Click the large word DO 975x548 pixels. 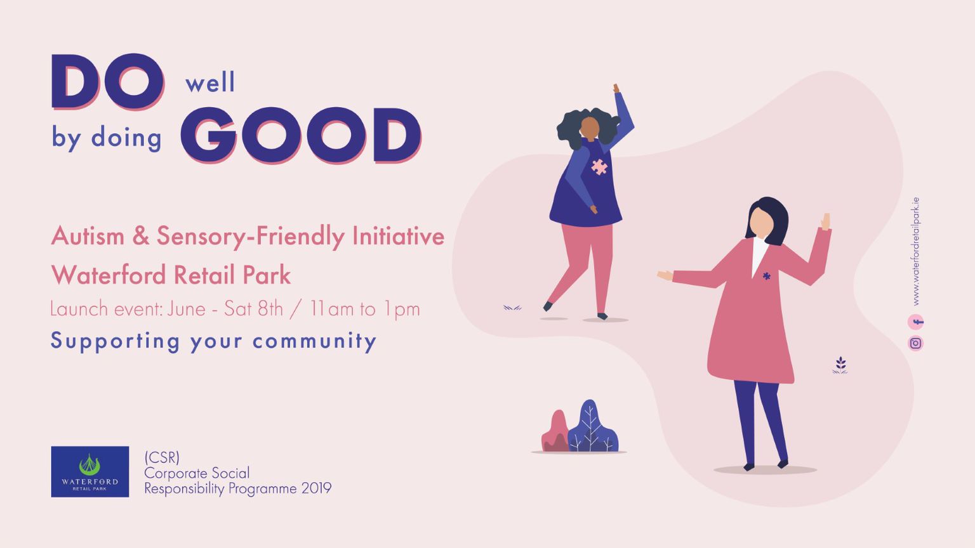[x=108, y=81]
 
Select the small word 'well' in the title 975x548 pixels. [x=210, y=82]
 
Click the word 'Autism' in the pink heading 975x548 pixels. [x=88, y=236]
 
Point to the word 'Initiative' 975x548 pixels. [x=398, y=236]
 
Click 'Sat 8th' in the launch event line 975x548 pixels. [x=253, y=309]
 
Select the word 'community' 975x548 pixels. [x=314, y=341]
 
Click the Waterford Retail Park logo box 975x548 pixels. [x=90, y=471]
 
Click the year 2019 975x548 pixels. [x=317, y=488]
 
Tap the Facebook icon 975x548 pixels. [x=915, y=322]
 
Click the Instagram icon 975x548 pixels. [x=915, y=343]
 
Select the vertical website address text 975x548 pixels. [x=915, y=251]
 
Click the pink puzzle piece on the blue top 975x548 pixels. [x=599, y=167]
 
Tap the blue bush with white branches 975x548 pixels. [x=592, y=426]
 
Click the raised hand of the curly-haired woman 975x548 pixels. [x=616, y=88]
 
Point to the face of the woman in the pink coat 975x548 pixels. [x=761, y=223]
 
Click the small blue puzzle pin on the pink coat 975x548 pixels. [x=767, y=275]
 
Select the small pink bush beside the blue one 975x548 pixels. [x=555, y=431]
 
